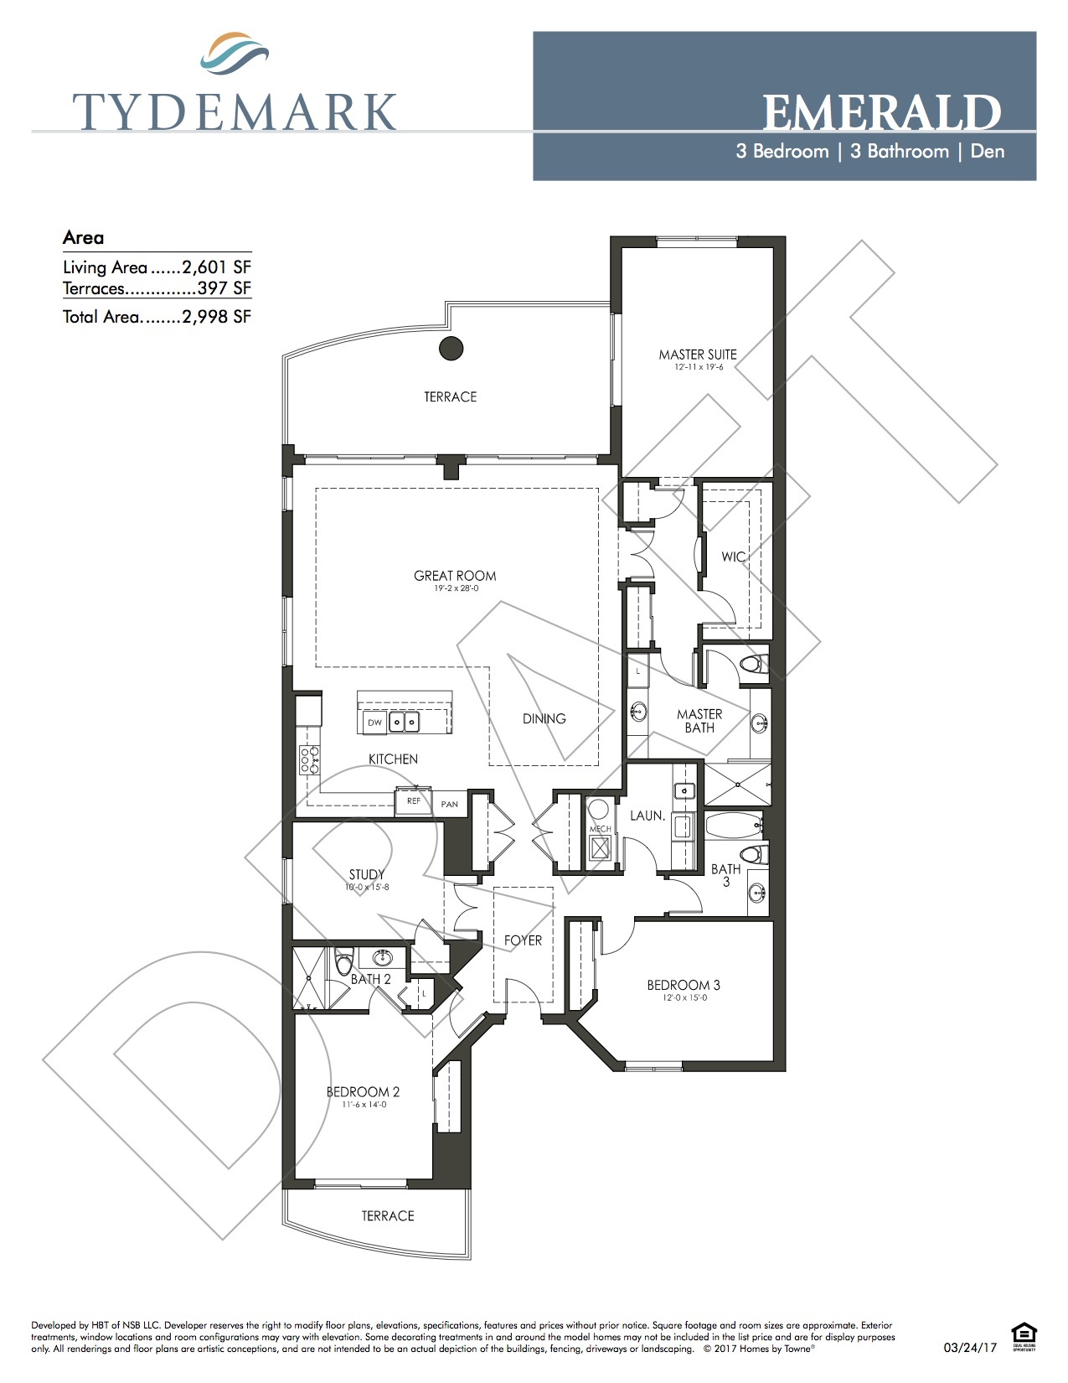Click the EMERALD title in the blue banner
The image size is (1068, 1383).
(x=881, y=113)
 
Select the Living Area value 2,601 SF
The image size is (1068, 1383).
(x=216, y=267)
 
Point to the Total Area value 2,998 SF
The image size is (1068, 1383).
(x=216, y=317)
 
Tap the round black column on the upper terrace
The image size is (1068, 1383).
(x=451, y=348)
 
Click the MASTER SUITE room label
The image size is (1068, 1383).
(x=698, y=355)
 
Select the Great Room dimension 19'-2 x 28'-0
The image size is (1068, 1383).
(x=456, y=588)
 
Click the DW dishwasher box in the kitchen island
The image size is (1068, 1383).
(x=374, y=723)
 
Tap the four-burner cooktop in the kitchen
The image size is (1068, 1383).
(x=309, y=759)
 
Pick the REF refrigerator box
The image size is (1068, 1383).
(x=413, y=801)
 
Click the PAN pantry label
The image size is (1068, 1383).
(x=450, y=804)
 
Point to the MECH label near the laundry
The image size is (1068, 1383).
(x=600, y=829)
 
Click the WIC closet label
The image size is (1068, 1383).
(x=733, y=557)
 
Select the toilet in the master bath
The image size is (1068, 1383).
(x=753, y=666)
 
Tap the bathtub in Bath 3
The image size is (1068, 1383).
(x=734, y=826)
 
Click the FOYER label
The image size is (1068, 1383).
(x=523, y=940)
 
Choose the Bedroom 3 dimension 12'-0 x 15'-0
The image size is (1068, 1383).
(x=684, y=997)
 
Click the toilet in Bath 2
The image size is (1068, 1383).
(x=343, y=964)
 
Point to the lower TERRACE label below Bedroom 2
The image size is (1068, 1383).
(x=388, y=1215)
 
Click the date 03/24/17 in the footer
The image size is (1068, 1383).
(x=970, y=1348)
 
